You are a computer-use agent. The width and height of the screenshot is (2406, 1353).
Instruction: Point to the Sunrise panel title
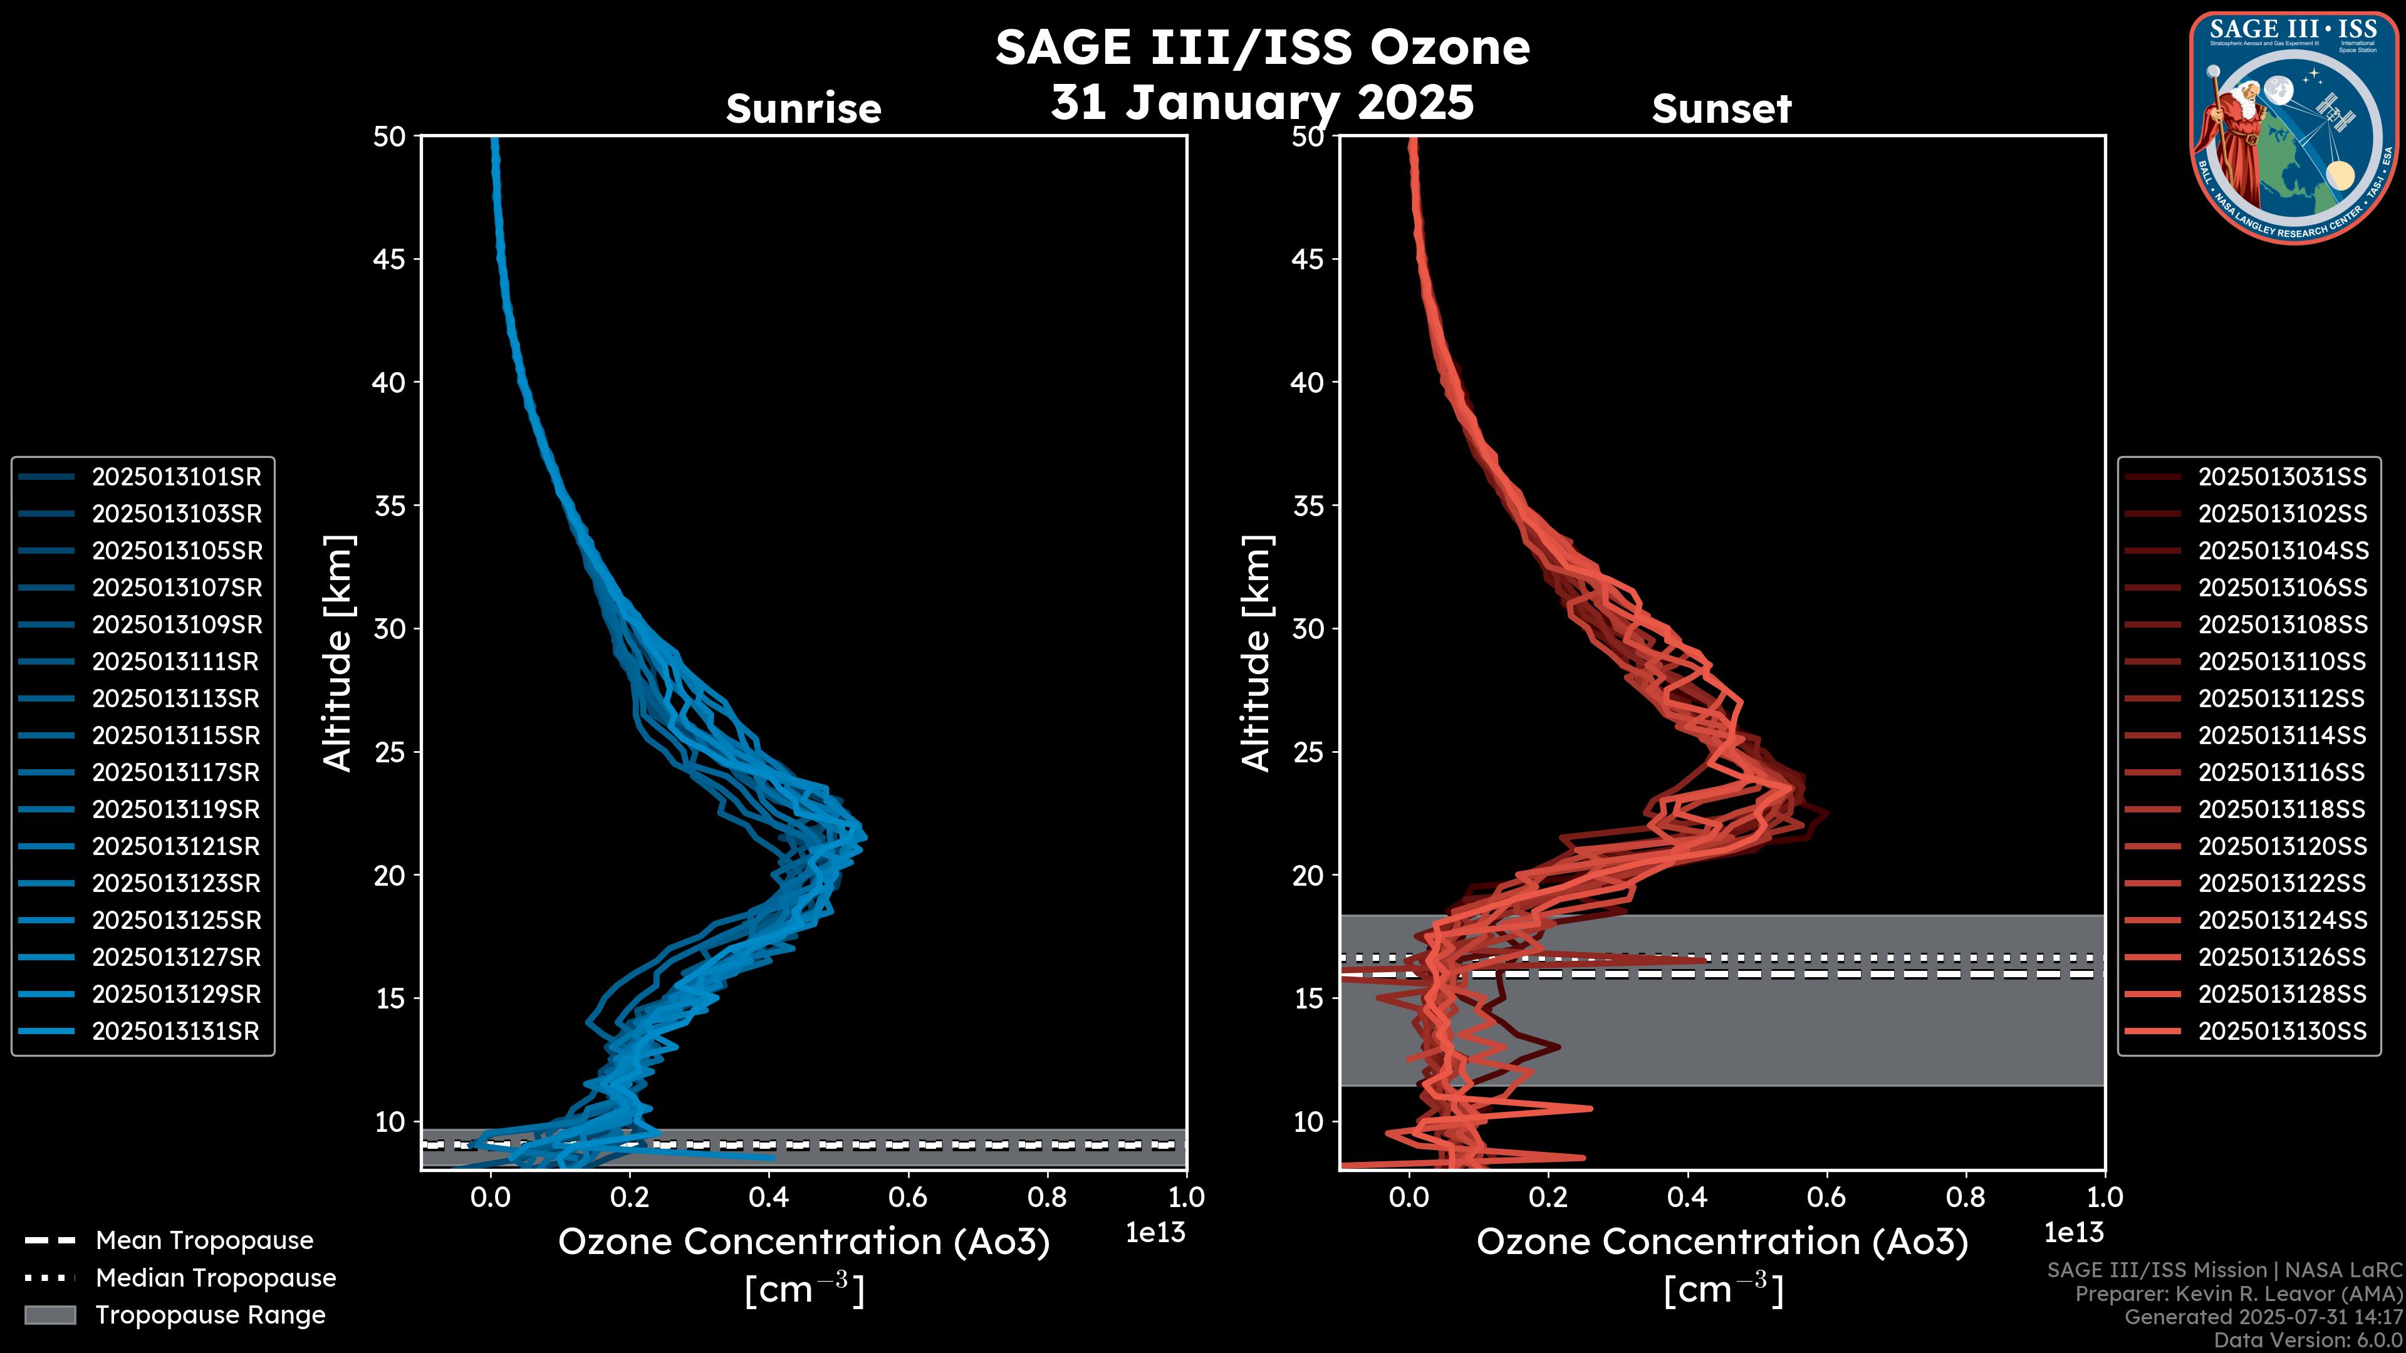point(803,109)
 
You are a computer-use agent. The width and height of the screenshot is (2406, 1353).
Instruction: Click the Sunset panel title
point(1721,109)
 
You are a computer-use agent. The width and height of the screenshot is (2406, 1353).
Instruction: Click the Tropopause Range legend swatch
point(49,1315)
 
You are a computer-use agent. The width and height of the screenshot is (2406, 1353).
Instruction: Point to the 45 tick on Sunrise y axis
point(390,259)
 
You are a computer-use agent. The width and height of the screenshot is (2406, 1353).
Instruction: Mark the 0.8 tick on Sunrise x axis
point(1046,1197)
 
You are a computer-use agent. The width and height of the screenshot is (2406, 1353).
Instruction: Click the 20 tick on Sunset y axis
point(1308,876)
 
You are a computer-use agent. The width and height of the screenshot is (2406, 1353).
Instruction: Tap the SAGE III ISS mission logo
point(2292,128)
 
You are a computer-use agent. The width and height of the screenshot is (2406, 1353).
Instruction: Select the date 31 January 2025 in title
point(1262,103)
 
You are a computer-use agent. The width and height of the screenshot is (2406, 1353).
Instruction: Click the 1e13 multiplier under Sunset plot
point(2073,1233)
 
